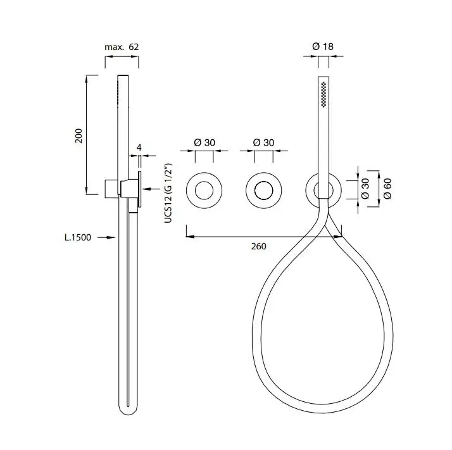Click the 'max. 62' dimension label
click(x=122, y=47)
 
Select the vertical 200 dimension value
click(x=78, y=136)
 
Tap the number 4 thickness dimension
click(x=139, y=147)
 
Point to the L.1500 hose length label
click(x=77, y=237)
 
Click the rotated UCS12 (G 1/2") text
click(x=168, y=193)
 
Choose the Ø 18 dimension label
click(x=323, y=46)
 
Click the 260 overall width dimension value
click(x=258, y=246)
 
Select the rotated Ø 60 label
click(x=387, y=189)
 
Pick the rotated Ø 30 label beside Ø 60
click(x=365, y=189)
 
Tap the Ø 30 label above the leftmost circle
click(x=204, y=142)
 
